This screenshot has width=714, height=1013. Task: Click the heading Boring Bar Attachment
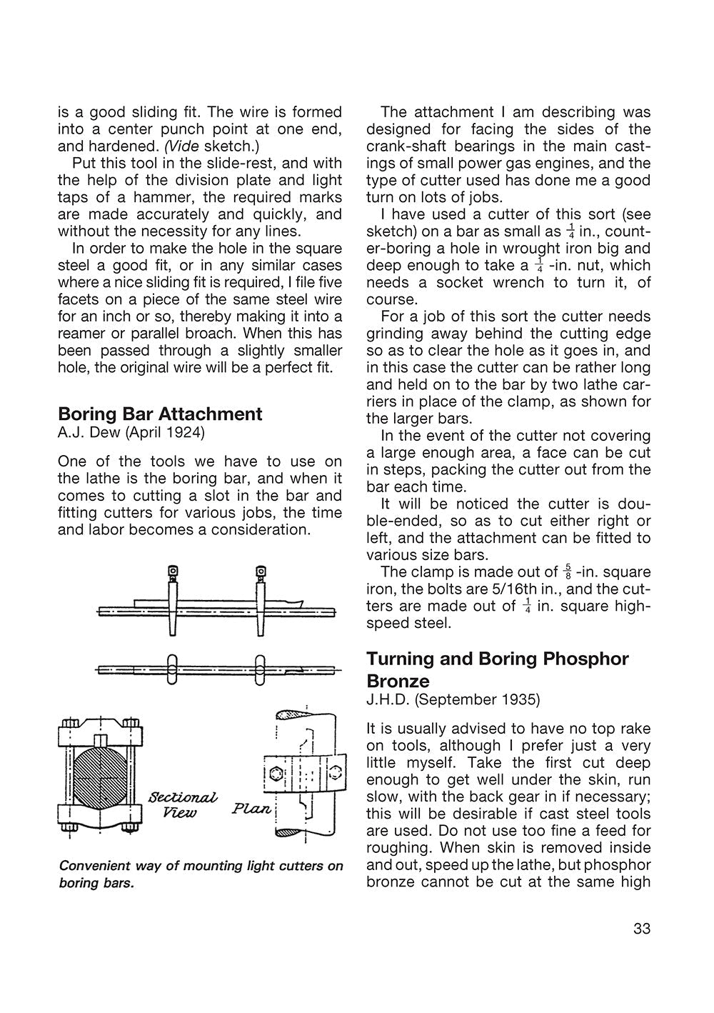pos(160,414)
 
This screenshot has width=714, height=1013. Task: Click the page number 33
pos(641,929)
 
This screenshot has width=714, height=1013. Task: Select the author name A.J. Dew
pos(85,432)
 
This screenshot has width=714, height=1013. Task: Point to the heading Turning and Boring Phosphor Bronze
pos(497,669)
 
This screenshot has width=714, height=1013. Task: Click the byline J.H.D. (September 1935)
pos(453,699)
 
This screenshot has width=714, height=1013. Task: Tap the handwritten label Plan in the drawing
pos(252,809)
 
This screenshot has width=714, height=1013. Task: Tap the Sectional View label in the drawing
pos(182,805)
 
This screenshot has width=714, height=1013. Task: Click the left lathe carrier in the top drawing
pos(172,599)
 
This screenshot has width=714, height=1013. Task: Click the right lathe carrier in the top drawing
pos(261,599)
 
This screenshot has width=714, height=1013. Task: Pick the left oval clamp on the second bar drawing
pos(172,670)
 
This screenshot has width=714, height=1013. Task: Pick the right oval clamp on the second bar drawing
pos(261,670)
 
